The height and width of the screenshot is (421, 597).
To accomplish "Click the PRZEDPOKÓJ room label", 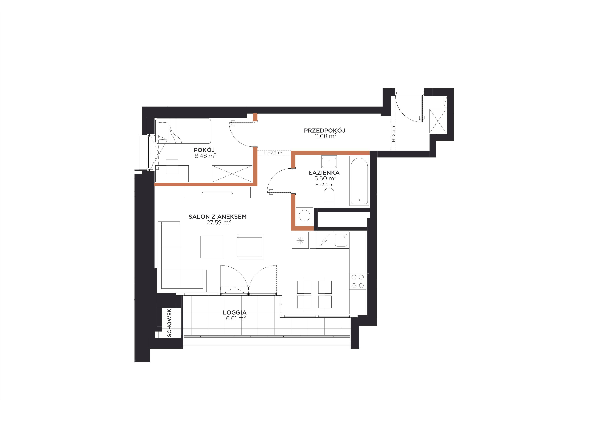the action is click(325, 130).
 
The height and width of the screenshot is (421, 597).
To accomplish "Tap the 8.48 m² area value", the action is click(205, 156).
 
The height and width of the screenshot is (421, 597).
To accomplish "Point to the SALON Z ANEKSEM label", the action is click(218, 217).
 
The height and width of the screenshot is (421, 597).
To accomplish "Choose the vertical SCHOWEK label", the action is click(169, 323).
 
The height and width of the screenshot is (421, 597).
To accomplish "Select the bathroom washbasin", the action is click(329, 162).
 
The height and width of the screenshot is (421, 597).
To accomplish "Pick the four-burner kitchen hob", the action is click(358, 281).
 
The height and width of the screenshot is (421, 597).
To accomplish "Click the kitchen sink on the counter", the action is click(341, 240).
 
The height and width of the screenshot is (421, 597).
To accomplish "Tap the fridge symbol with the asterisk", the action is click(300, 240).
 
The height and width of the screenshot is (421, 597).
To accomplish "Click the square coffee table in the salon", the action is click(212, 247).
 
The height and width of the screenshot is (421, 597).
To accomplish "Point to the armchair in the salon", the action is click(250, 247).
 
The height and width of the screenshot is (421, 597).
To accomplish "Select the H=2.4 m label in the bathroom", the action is click(324, 185).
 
